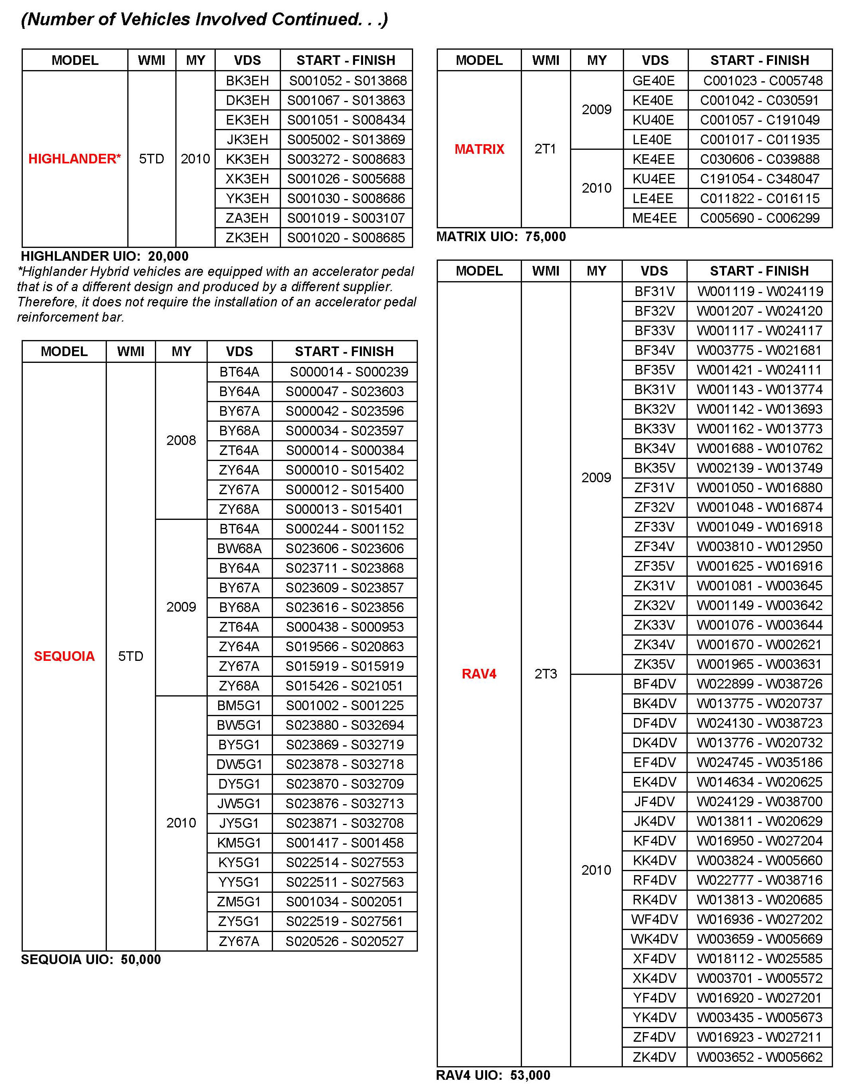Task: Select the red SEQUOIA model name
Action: click(64, 656)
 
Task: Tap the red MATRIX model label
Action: click(479, 149)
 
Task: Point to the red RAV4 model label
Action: click(479, 674)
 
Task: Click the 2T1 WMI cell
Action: click(545, 149)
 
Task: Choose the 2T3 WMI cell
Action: click(546, 674)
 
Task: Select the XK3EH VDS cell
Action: click(247, 179)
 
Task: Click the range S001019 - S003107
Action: click(346, 218)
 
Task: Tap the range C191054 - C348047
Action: click(759, 179)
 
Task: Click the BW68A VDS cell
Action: click(239, 548)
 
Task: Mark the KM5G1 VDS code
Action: click(239, 843)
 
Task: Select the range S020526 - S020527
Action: click(344, 941)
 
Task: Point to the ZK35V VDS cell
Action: click(654, 664)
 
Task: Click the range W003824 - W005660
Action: click(759, 860)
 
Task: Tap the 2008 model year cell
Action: click(181, 440)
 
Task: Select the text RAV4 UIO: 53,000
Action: click(493, 1075)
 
